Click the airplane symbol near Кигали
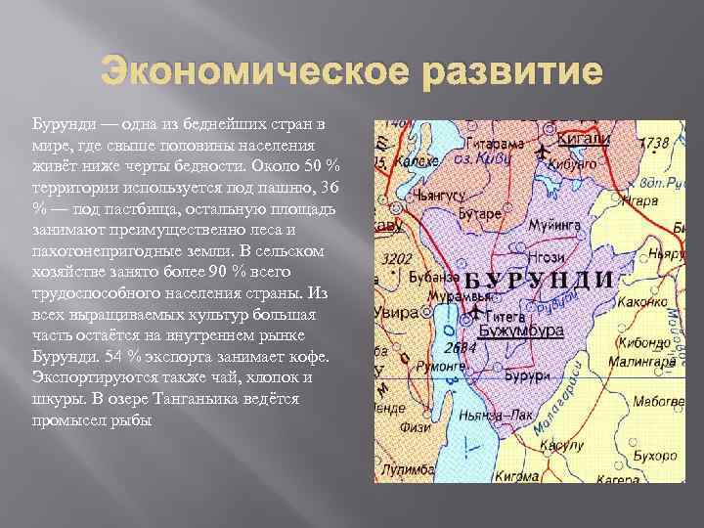click(543, 151)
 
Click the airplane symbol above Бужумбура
click(476, 310)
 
